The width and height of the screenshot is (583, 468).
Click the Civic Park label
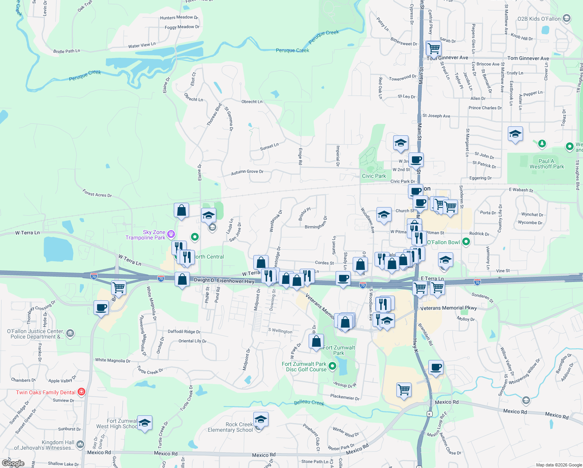(x=374, y=176)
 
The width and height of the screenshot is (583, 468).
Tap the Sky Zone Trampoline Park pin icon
(x=171, y=234)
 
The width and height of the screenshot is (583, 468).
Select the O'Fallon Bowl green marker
(x=466, y=242)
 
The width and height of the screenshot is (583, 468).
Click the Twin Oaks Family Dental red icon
(x=81, y=392)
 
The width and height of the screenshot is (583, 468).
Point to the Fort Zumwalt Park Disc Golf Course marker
(x=332, y=366)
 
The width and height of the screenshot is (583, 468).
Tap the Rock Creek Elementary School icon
(x=261, y=420)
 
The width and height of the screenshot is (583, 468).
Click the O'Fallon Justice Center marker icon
(x=70, y=333)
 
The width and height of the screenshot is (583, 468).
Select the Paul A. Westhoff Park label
(x=546, y=164)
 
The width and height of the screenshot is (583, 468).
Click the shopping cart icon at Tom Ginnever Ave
(x=433, y=49)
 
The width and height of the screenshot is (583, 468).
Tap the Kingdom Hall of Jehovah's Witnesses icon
(x=80, y=444)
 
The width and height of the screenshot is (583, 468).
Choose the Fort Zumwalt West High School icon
(x=145, y=423)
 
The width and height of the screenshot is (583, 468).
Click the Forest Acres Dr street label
(x=97, y=193)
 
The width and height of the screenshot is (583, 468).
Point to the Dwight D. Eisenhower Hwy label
(x=224, y=280)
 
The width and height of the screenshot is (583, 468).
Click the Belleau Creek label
(x=309, y=402)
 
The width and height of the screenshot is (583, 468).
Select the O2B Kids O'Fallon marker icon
(x=567, y=18)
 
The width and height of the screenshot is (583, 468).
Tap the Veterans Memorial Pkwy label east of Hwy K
(x=449, y=308)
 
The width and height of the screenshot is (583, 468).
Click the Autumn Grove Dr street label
(x=247, y=172)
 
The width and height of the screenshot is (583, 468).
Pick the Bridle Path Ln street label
(x=67, y=51)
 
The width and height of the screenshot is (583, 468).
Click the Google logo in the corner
(x=13, y=463)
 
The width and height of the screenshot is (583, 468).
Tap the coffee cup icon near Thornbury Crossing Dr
(x=101, y=308)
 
